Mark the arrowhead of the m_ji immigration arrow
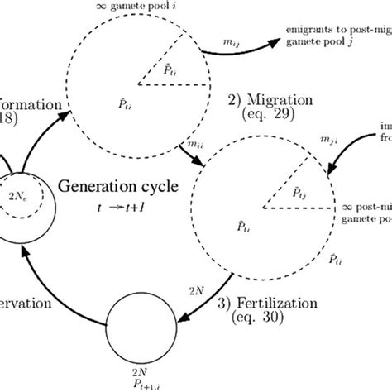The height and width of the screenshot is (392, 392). pos(329,171)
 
